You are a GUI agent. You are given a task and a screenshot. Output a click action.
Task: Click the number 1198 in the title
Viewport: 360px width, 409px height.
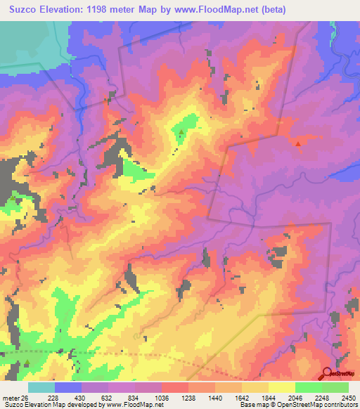tap(115, 10)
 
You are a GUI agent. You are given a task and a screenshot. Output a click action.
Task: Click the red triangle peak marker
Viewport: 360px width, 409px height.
tap(298, 144)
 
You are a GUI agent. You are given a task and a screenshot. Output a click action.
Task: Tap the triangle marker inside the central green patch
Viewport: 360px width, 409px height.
tap(181, 132)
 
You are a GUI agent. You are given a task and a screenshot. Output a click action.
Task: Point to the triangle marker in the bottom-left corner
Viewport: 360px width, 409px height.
tap(27, 363)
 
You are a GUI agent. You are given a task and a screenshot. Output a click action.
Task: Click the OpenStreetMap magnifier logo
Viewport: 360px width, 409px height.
tap(328, 373)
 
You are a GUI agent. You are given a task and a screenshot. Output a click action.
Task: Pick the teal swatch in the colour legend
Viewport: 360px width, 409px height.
tap(41, 387)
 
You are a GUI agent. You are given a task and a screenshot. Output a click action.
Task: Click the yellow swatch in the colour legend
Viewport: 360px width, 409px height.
tap(281, 387)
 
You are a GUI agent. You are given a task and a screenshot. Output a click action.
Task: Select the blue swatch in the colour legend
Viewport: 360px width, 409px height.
tap(67, 387)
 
